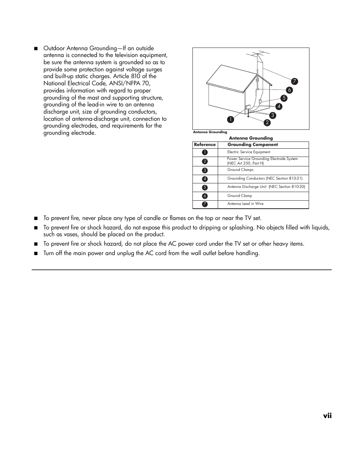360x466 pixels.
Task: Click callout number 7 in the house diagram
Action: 294,82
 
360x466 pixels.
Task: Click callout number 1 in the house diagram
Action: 230,120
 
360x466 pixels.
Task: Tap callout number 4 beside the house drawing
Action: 279,106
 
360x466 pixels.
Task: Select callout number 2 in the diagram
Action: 267,123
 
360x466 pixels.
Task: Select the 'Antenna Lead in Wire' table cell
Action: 245,204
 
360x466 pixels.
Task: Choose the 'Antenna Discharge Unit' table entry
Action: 266,187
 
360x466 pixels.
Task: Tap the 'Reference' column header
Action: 205,145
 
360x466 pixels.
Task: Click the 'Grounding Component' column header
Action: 252,145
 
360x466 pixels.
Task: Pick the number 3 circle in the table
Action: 205,171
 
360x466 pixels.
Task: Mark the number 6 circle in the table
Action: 205,196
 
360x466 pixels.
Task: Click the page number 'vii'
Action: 327,415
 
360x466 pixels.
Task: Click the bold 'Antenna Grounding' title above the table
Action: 251,138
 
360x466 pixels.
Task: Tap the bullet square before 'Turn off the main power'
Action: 35,254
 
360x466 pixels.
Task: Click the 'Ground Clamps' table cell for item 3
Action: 240,170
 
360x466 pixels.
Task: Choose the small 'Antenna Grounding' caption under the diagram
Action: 210,132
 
